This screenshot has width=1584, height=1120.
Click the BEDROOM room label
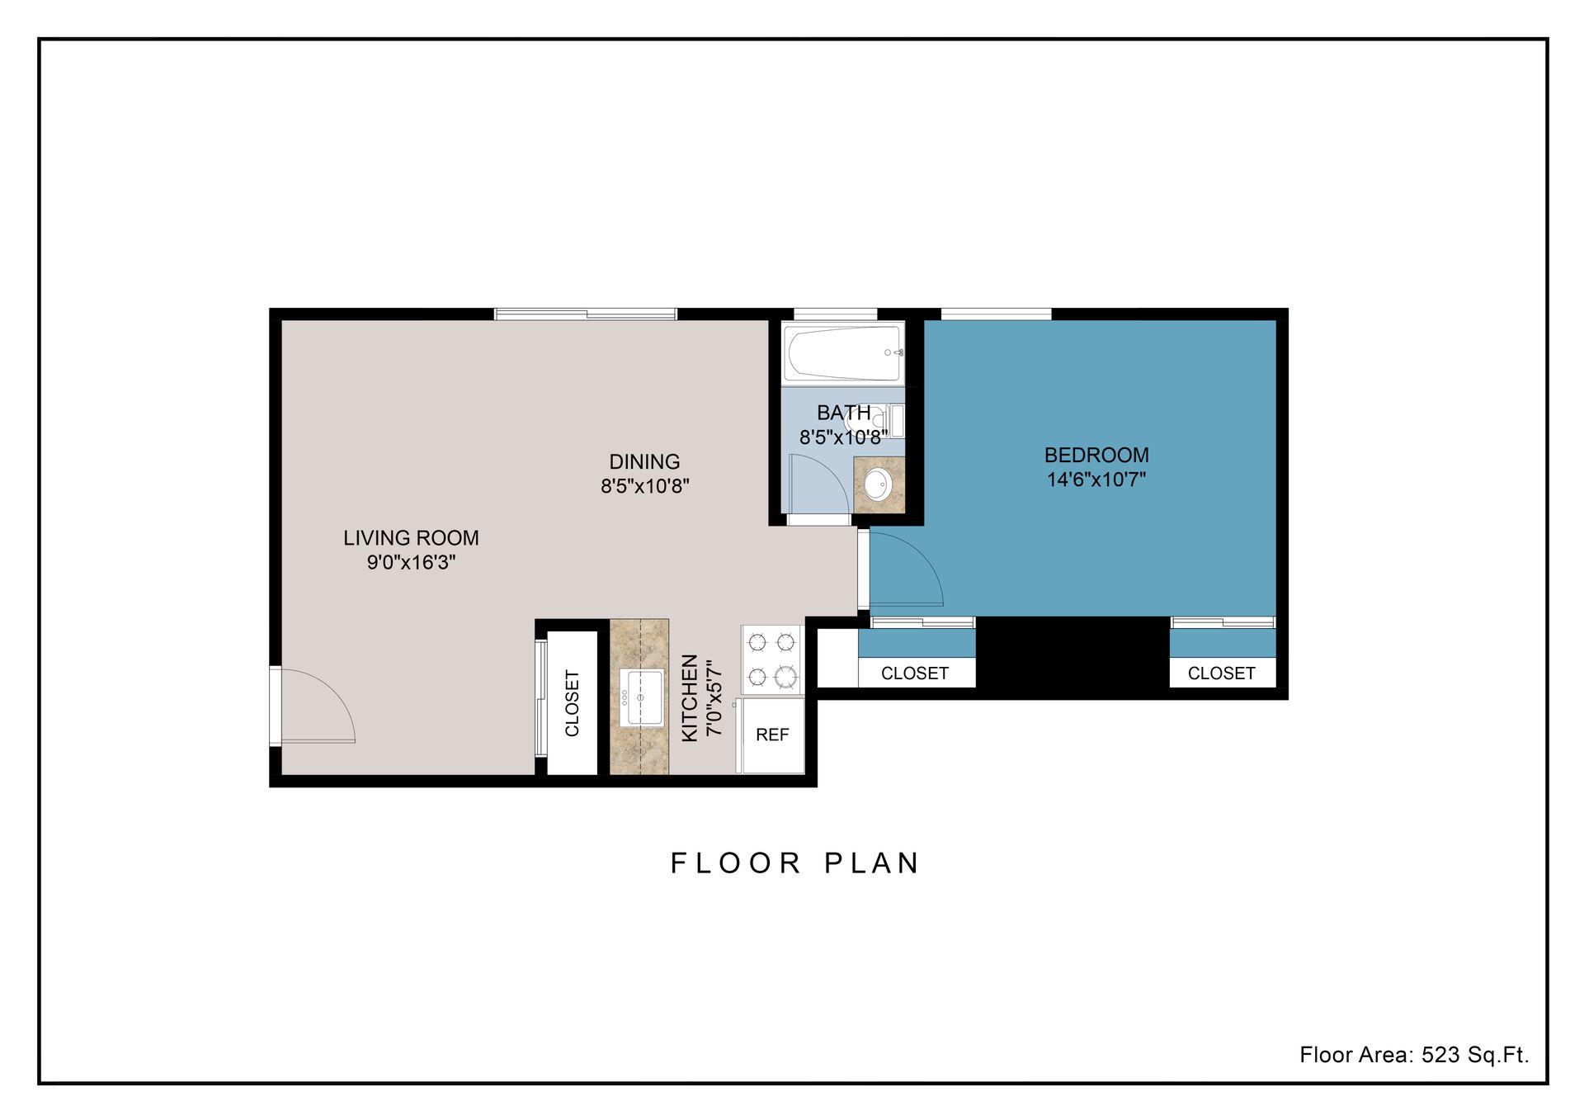[1096, 455]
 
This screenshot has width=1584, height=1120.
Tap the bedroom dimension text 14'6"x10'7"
[1096, 480]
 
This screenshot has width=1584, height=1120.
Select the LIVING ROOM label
[411, 538]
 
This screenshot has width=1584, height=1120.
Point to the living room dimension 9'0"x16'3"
[411, 563]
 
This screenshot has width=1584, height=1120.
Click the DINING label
[644, 462]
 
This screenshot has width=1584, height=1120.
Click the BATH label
[843, 413]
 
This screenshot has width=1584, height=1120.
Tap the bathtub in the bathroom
[841, 353]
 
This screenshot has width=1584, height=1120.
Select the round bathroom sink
[877, 484]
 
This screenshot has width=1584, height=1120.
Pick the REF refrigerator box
[772, 735]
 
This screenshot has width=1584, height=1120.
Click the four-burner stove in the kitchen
[771, 659]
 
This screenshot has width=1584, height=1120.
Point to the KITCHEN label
[691, 698]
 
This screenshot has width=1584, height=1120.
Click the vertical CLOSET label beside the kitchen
[572, 703]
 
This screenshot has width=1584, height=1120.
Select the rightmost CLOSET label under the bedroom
[1221, 673]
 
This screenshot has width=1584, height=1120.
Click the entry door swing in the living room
[318, 706]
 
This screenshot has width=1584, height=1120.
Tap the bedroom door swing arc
[906, 569]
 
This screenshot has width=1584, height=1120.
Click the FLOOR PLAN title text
[794, 863]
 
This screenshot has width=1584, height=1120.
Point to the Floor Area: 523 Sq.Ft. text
[1413, 1055]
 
